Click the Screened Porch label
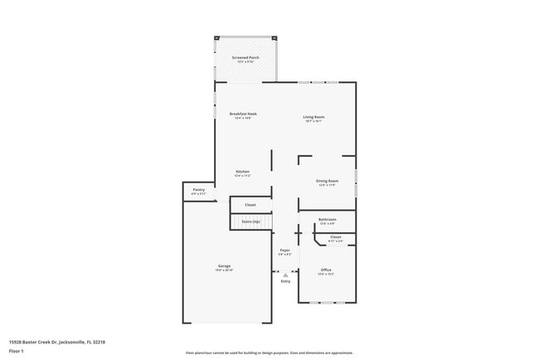(x=245, y=58)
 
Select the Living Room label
(x=313, y=117)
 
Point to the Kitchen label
(x=242, y=172)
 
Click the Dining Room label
(x=327, y=181)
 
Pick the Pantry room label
(x=199, y=190)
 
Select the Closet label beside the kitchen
(x=250, y=204)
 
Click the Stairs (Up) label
(x=250, y=221)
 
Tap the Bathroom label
(x=328, y=220)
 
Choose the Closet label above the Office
(x=335, y=237)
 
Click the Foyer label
(x=284, y=250)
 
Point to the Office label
(x=327, y=270)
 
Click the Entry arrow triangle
(x=286, y=274)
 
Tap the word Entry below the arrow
(x=286, y=281)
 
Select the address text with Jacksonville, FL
(x=57, y=341)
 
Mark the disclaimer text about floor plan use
(x=269, y=352)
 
